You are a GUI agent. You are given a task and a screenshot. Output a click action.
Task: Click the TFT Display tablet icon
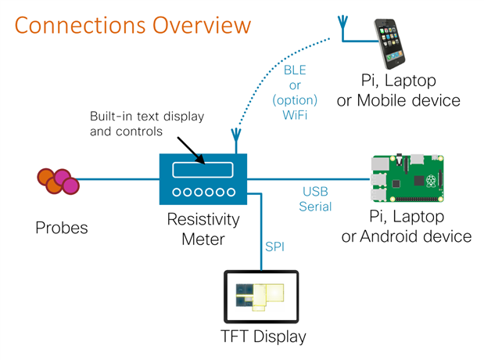point(261,298)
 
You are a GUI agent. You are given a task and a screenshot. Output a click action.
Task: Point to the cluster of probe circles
point(58,181)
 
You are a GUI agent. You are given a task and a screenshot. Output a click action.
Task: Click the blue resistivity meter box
point(203,178)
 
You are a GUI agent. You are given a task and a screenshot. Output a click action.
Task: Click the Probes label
point(62,228)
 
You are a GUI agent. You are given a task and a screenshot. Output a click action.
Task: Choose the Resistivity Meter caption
point(203,230)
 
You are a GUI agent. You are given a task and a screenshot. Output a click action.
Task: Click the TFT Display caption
point(262,337)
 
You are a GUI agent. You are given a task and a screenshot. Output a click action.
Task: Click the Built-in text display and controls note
point(145,124)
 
